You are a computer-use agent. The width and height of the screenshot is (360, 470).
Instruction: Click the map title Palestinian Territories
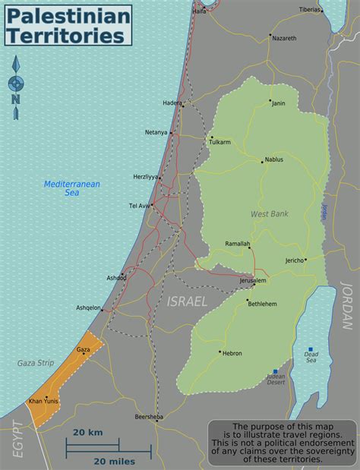pyautogui.click(x=68, y=24)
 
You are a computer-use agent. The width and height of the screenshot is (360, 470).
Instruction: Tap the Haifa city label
pyautogui.click(x=199, y=11)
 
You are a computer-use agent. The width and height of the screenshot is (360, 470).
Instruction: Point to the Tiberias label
pyautogui.click(x=310, y=10)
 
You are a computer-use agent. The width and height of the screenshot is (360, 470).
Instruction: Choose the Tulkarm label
pyautogui.click(x=226, y=140)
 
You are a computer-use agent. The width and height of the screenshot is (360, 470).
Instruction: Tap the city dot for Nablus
pyautogui.click(x=261, y=160)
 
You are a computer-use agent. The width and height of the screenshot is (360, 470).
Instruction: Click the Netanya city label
pyautogui.click(x=156, y=132)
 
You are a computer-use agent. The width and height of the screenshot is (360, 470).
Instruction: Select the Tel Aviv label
pyautogui.click(x=140, y=205)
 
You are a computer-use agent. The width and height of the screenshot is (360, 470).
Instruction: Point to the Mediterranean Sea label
pyautogui.click(x=72, y=188)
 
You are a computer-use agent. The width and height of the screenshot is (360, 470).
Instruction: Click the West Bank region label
pyautogui.click(x=269, y=214)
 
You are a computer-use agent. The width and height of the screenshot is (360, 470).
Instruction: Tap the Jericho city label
pyautogui.click(x=293, y=260)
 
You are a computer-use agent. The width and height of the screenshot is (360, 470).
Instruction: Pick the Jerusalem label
pyautogui.click(x=253, y=281)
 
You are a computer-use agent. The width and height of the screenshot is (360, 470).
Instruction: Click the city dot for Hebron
pyautogui.click(x=220, y=352)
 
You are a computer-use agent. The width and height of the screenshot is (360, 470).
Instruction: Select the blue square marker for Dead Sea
pyautogui.click(x=310, y=349)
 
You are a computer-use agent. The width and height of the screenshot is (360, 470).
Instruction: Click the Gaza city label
pyautogui.click(x=84, y=349)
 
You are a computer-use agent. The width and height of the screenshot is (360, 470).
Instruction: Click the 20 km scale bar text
pyautogui.click(x=88, y=432)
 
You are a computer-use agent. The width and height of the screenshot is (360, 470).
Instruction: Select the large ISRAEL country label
pyautogui.click(x=186, y=301)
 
